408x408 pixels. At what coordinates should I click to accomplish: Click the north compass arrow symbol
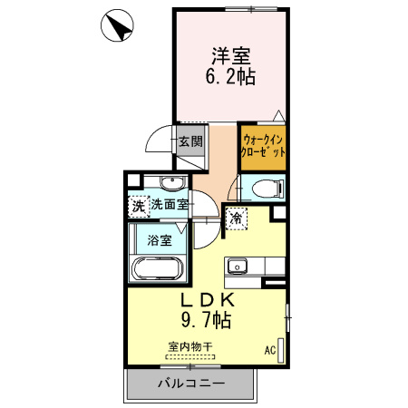tap(119, 25)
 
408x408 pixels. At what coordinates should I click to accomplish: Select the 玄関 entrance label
tap(189, 141)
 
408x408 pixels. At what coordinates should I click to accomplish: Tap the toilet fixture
tap(264, 189)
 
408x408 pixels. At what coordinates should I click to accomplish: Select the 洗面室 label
tap(169, 206)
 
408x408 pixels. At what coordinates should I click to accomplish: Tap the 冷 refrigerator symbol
tap(235, 218)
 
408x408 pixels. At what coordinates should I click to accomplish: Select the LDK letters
tap(212, 300)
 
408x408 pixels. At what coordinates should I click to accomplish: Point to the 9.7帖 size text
tap(210, 320)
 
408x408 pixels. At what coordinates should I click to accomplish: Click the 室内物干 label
tap(189, 346)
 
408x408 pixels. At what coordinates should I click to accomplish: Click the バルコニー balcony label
tap(191, 384)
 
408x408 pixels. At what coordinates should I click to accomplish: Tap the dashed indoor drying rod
tap(189, 357)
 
